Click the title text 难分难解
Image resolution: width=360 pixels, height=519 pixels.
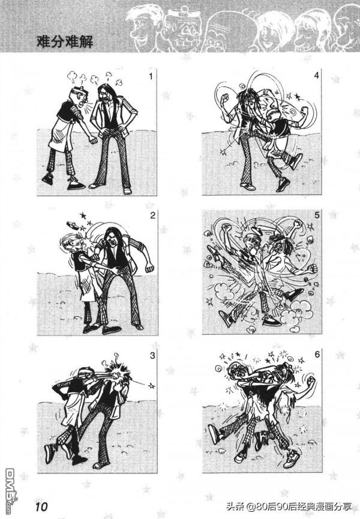tap(65, 42)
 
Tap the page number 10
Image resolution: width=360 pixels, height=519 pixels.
tap(41, 507)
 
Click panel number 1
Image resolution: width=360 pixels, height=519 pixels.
tap(151, 76)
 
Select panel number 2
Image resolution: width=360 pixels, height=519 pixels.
tap(152, 216)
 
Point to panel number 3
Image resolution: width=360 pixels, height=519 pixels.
tap(152, 355)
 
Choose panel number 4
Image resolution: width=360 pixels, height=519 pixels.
tap(317, 76)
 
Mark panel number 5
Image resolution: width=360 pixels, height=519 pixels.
tap(317, 215)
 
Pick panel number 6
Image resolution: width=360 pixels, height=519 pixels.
tap(317, 355)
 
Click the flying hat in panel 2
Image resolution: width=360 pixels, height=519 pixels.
tap(73, 226)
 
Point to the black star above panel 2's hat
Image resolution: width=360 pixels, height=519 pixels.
tap(83, 216)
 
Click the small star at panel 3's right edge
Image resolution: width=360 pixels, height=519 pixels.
tap(152, 386)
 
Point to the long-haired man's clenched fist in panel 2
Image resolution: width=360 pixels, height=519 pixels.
tap(150, 268)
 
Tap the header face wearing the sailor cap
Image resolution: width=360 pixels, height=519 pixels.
tap(182, 31)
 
